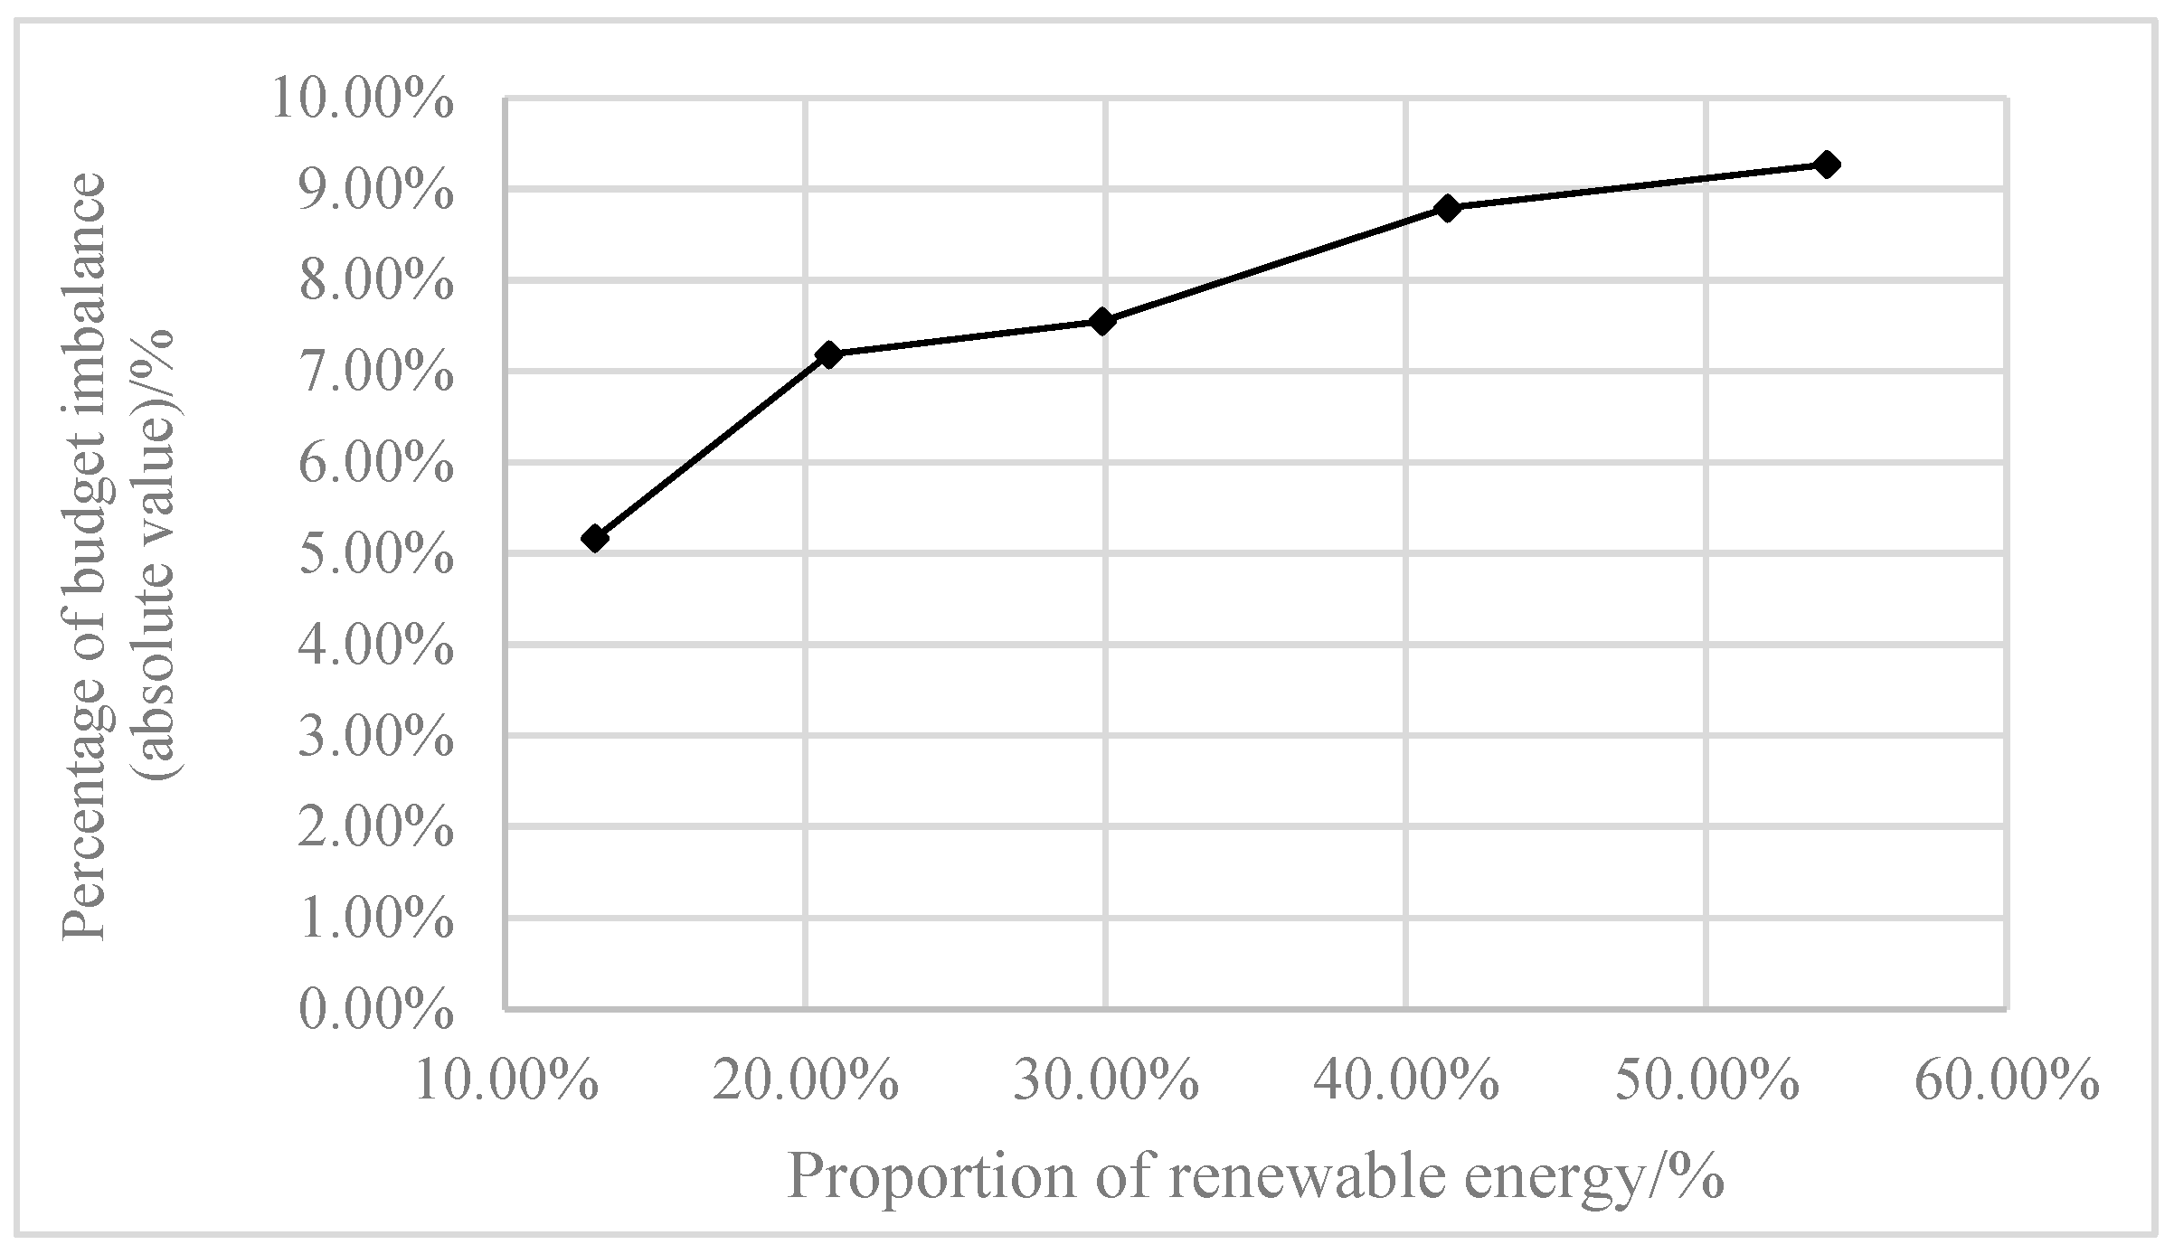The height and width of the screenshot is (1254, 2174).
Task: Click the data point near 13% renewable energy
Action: coord(594,539)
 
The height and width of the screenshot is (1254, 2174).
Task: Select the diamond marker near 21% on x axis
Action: coord(827,354)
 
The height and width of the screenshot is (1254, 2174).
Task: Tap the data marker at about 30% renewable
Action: coord(1101,321)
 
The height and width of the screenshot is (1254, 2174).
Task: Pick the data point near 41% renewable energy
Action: coord(1447,208)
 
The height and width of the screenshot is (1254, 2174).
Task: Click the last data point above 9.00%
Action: coord(1826,165)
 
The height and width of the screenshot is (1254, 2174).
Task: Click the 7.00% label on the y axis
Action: coord(374,373)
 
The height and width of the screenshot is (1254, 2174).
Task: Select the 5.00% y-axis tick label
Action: coord(374,556)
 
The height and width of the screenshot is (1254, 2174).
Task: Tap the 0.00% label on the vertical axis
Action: coord(374,1012)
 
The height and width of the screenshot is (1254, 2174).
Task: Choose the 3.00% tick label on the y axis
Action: coord(374,739)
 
